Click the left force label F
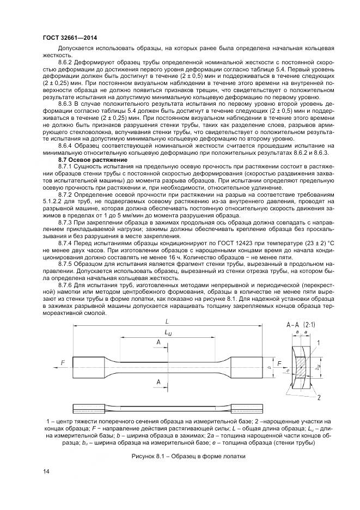[63, 362]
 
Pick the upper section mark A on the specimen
[158, 342]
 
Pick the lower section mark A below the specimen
[158, 383]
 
